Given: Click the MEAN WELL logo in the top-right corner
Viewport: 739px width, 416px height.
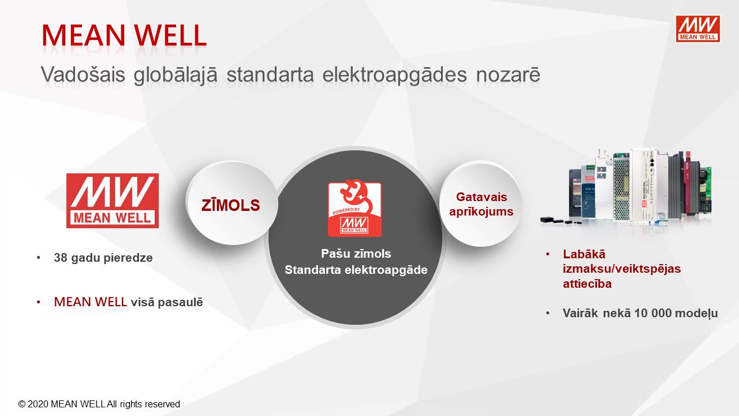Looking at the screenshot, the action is (x=698, y=29).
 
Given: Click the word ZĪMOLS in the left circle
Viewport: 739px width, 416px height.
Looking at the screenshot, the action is (x=230, y=205).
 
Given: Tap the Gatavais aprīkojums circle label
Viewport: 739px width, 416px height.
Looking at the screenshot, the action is (x=482, y=204).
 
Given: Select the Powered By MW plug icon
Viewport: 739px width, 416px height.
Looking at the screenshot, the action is (x=354, y=208).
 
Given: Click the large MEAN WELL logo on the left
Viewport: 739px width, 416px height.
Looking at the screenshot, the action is (x=113, y=200).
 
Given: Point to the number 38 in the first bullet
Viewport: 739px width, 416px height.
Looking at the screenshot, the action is (x=61, y=258).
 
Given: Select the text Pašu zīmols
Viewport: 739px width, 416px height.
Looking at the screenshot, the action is (x=356, y=254).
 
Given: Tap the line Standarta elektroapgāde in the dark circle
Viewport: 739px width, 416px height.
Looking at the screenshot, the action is (x=356, y=270).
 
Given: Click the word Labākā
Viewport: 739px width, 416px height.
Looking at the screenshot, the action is (x=584, y=254).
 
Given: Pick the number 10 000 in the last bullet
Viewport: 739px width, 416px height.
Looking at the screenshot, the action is (x=653, y=313).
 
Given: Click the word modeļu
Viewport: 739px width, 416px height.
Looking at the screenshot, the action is (x=696, y=314).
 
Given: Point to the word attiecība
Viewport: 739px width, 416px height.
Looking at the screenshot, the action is (x=587, y=284).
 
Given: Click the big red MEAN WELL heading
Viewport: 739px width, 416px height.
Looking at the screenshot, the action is (x=124, y=35).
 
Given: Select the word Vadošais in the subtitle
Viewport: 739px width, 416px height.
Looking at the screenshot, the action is (x=83, y=75).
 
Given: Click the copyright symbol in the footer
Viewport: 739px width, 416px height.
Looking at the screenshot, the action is (x=22, y=404).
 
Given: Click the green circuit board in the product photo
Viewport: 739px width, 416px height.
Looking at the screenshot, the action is (x=705, y=193).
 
